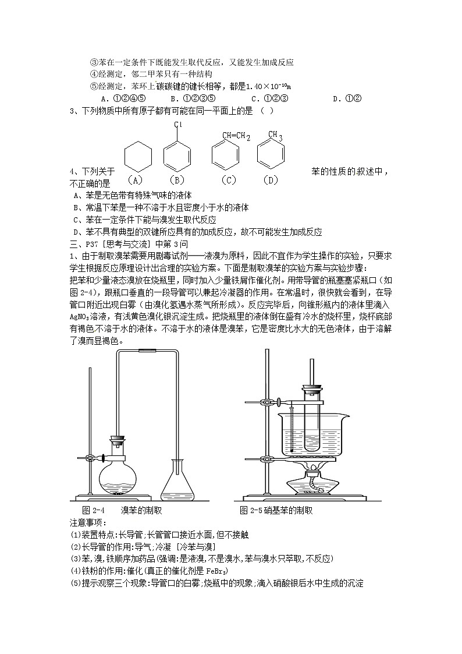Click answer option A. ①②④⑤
coord(123,98)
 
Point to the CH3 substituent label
coord(275,136)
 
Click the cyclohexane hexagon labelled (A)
coord(138,155)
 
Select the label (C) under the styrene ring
coord(228,180)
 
